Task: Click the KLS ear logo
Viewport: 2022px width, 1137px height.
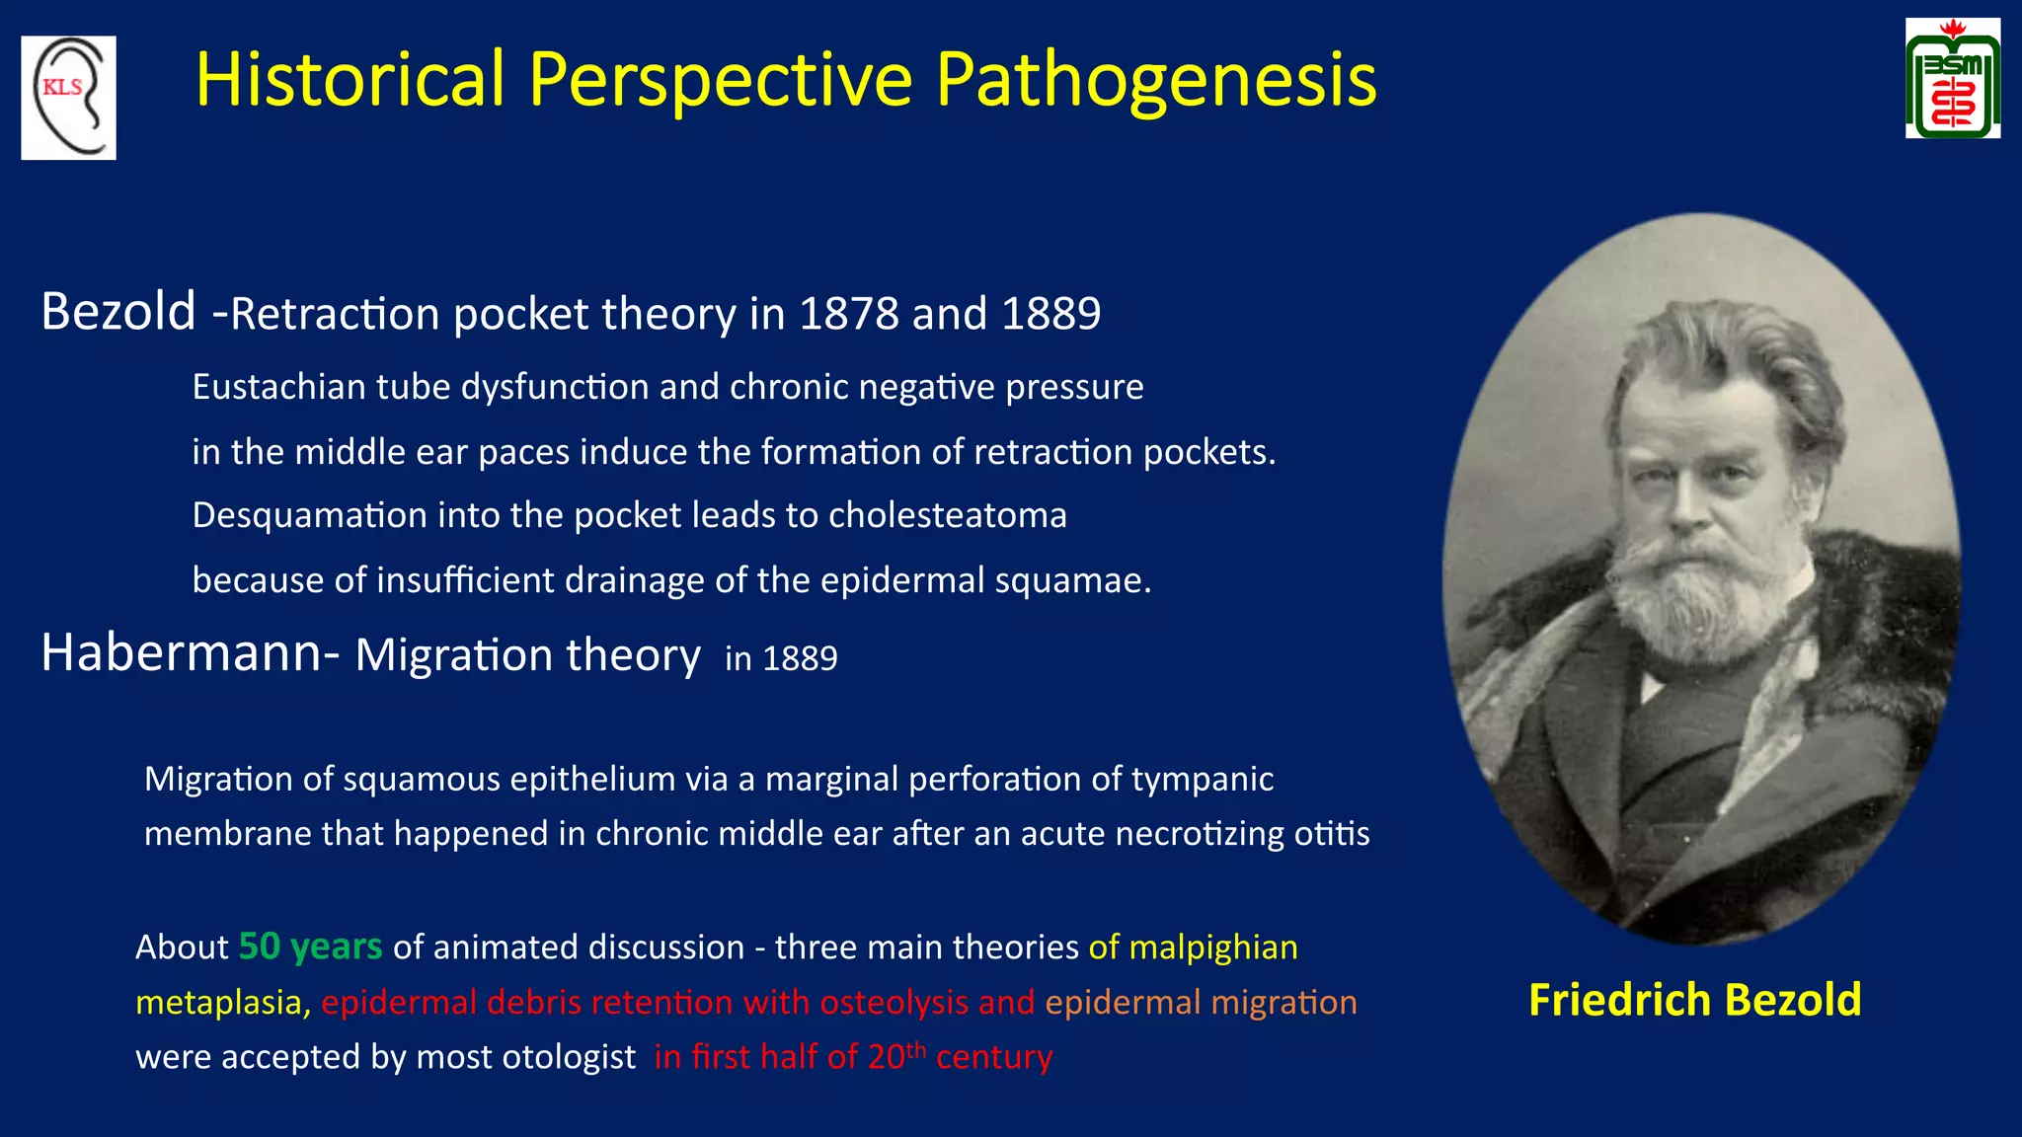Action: coord(68,98)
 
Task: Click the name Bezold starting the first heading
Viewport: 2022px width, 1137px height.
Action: coord(118,312)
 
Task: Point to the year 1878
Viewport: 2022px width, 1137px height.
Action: coord(848,314)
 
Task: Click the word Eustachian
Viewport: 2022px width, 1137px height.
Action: coord(278,387)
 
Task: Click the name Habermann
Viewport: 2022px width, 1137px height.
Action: coord(181,653)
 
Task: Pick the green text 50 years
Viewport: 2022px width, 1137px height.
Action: coord(310,947)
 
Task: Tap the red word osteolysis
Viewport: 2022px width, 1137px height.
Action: coord(894,1003)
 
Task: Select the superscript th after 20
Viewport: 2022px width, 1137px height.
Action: coord(915,1047)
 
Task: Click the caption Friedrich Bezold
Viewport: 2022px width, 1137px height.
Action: coord(1694,1000)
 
